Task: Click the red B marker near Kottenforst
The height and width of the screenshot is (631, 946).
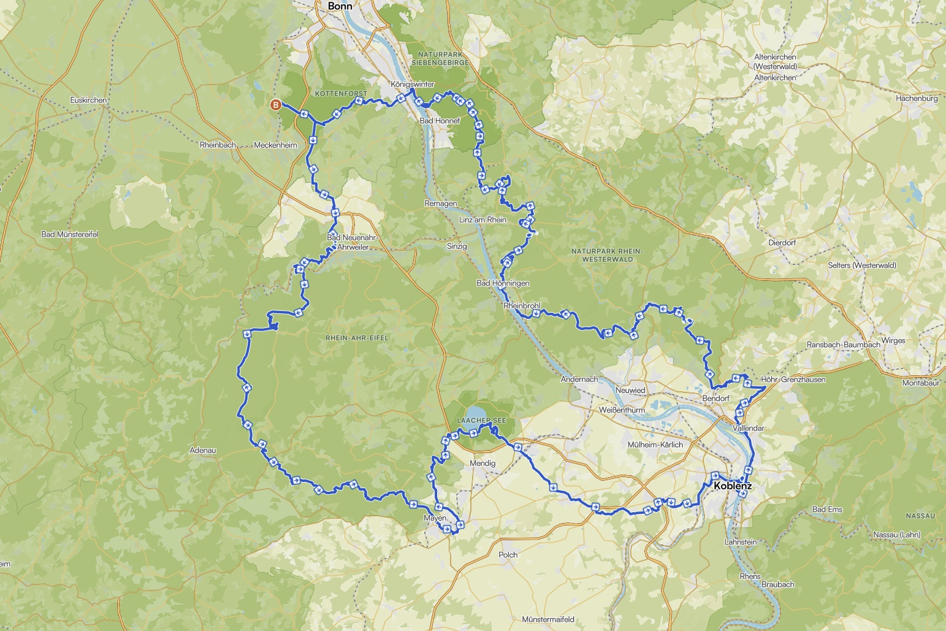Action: point(276,105)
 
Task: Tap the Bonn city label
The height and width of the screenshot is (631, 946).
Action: point(341,6)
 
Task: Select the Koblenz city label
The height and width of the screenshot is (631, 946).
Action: point(733,486)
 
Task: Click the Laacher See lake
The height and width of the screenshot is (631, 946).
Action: point(475,412)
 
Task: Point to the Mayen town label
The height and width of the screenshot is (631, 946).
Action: point(435,518)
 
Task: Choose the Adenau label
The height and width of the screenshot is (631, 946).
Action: point(203,450)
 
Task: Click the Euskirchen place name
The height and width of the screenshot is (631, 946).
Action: point(89,100)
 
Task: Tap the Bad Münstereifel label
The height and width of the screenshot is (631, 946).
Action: point(69,234)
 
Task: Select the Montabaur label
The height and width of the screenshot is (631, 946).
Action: point(921,383)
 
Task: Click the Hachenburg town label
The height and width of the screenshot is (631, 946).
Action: point(917,98)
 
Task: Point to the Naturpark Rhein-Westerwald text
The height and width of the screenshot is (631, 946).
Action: point(606,255)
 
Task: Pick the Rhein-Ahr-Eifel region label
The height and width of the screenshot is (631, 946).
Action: point(357,338)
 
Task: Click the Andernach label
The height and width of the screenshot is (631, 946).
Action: point(579,380)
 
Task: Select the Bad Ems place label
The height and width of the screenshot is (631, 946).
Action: point(827,510)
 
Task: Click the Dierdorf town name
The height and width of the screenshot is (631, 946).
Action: point(782,243)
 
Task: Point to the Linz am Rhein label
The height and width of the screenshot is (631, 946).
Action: point(483,220)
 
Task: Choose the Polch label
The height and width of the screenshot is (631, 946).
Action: point(508,554)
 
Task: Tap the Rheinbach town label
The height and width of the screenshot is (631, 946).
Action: point(218,145)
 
